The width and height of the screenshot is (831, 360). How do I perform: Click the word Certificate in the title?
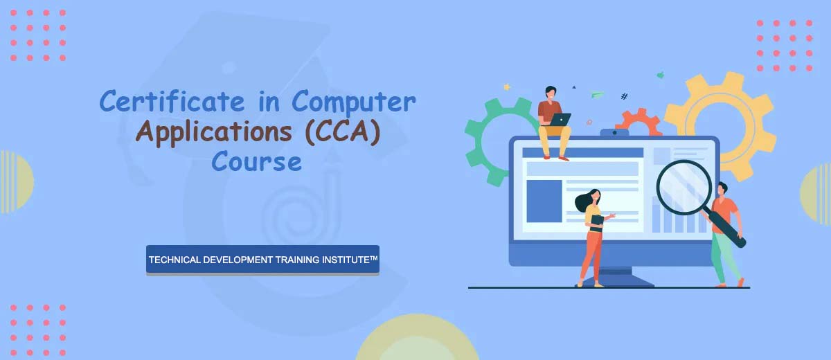click(172, 101)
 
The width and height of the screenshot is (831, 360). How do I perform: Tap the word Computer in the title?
click(354, 102)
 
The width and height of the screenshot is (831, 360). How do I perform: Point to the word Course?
click(257, 161)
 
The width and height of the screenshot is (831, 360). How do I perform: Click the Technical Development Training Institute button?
click(262, 260)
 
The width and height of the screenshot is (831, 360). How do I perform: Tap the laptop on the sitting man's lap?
click(560, 120)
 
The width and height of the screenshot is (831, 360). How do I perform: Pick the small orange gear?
click(638, 120)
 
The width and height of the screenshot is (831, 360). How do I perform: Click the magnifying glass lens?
click(684, 187)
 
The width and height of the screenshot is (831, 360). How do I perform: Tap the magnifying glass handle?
click(725, 229)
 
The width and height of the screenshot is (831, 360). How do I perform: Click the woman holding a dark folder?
click(593, 237)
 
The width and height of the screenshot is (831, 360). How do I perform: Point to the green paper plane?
click(597, 94)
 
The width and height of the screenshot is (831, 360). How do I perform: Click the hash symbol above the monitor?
click(625, 96)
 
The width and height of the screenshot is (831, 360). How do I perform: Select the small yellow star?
click(507, 87)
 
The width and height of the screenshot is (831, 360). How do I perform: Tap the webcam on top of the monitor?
click(614, 132)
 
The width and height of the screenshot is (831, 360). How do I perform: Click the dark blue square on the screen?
click(544, 201)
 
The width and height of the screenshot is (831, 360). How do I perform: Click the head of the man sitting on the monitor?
click(551, 93)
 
